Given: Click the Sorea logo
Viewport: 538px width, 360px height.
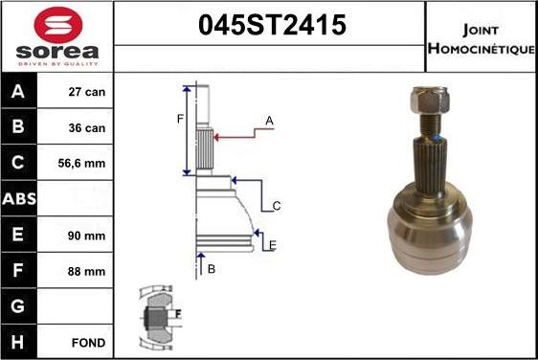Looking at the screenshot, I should pos(56,36).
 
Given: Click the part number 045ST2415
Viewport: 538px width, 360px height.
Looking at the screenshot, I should pos(271,26).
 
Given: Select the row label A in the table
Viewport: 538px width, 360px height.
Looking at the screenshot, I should pos(19,93).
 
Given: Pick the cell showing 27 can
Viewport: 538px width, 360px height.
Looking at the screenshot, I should pos(88,93).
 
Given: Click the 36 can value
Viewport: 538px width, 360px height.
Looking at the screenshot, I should pos(88,127).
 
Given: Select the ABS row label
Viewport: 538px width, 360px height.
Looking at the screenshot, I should pos(19,199).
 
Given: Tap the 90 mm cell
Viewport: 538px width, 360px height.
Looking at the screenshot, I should pos(88,235).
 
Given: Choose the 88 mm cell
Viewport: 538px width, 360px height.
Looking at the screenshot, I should pos(88,271).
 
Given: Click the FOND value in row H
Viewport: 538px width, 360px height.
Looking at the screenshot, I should pos(88,342).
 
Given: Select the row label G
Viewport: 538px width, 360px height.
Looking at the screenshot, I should pos(19,306).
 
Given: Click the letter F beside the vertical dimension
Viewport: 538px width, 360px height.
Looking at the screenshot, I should pos(179,119).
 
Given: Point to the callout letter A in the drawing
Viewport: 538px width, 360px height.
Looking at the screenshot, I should pos(269,121).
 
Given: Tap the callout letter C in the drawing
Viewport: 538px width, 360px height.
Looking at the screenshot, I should pos(276,206).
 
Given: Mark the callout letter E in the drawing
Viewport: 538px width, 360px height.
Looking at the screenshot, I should pos(272,246).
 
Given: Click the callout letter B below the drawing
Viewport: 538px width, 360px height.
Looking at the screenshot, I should pos(211,269).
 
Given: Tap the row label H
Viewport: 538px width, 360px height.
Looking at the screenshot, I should pos(19,342).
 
